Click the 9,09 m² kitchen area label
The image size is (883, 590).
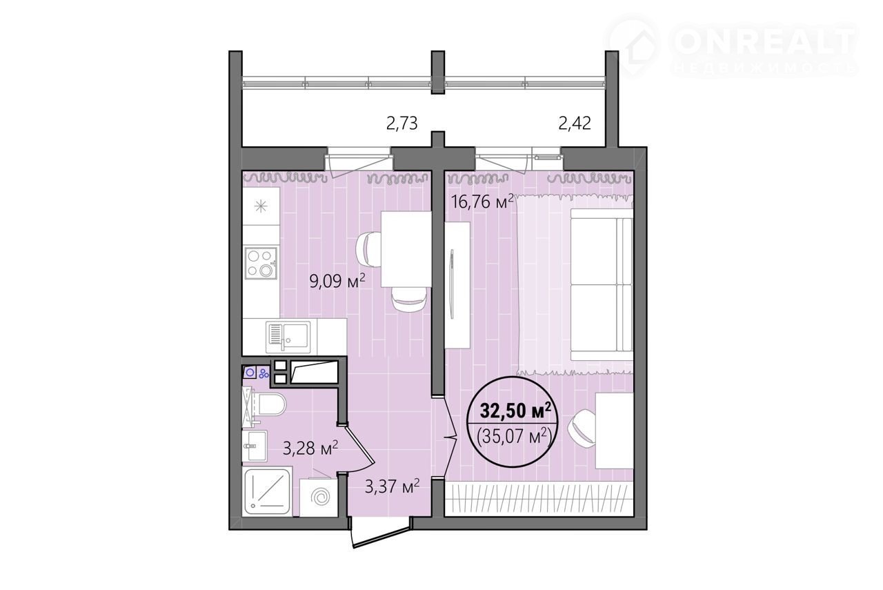[337, 282]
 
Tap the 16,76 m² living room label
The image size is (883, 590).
[482, 201]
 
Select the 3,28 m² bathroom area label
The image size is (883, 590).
[310, 448]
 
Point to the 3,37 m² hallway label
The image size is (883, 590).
[392, 486]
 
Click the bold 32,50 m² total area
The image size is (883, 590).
[515, 411]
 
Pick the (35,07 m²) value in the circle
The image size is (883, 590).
[514, 436]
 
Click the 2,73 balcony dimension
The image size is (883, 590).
[401, 124]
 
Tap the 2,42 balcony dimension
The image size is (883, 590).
[575, 124]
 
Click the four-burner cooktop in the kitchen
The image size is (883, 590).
[261, 264]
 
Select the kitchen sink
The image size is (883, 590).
[288, 337]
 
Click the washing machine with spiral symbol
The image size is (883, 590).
[319, 498]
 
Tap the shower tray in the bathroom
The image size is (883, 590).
[267, 492]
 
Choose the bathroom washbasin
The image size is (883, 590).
[255, 446]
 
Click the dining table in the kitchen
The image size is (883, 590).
[406, 249]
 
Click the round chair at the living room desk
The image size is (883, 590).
[582, 429]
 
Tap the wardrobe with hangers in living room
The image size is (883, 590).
[539, 498]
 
